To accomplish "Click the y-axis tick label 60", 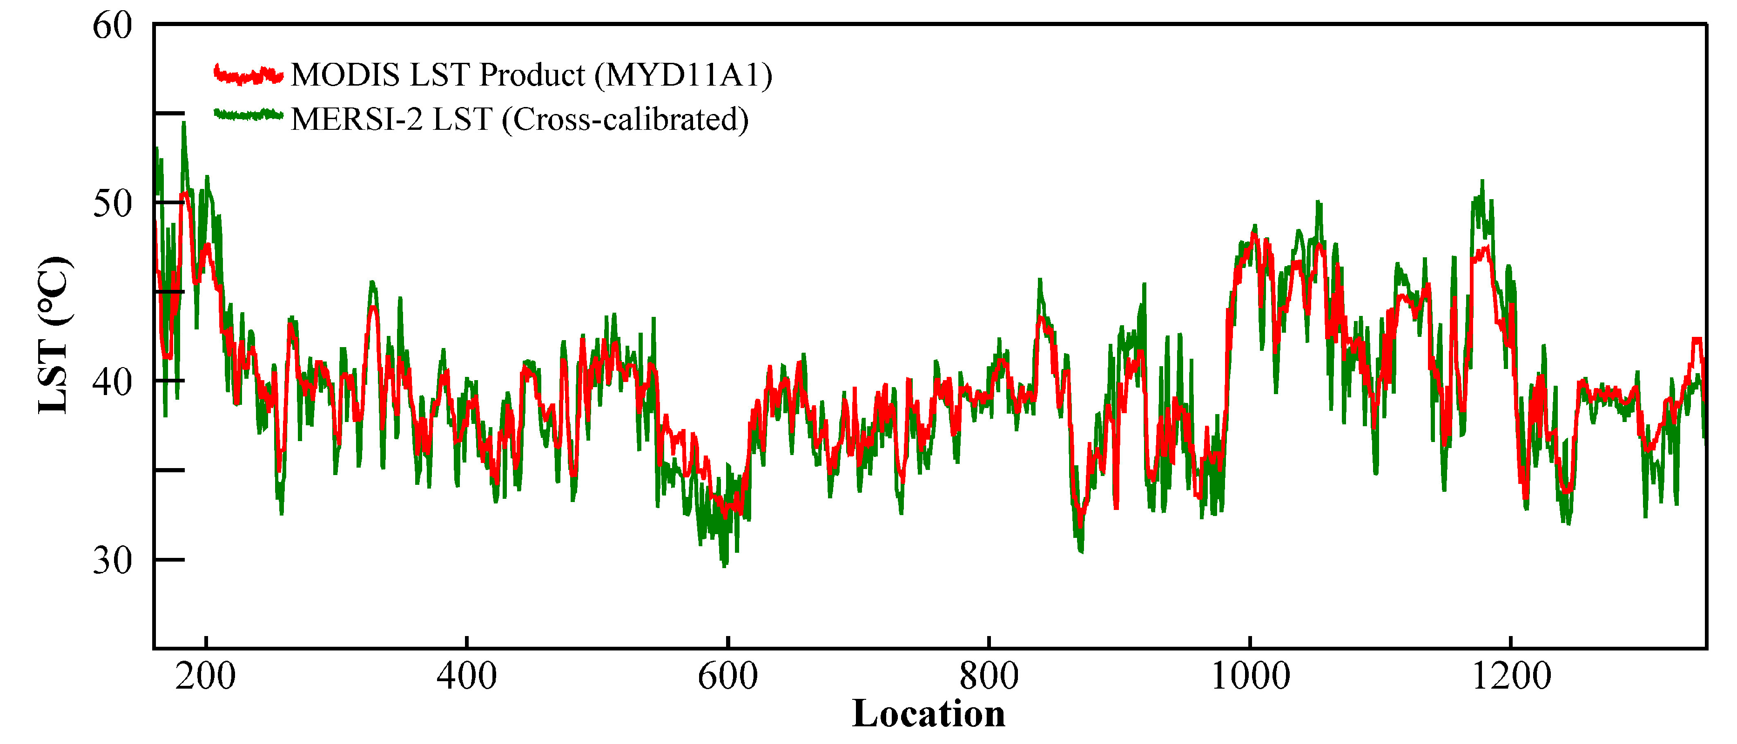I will click(112, 27).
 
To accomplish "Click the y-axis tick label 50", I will click(112, 203).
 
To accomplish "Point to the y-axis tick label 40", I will click(112, 382).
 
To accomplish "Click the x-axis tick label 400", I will click(467, 676).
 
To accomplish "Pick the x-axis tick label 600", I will click(727, 676).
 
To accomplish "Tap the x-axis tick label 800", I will click(989, 676).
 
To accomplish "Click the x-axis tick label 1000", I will click(1250, 676).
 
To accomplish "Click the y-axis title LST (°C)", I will click(54, 335).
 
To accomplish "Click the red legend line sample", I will click(248, 75).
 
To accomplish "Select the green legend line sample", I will click(248, 114).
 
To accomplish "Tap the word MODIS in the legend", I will click(345, 75).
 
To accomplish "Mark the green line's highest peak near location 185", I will click(183, 124).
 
